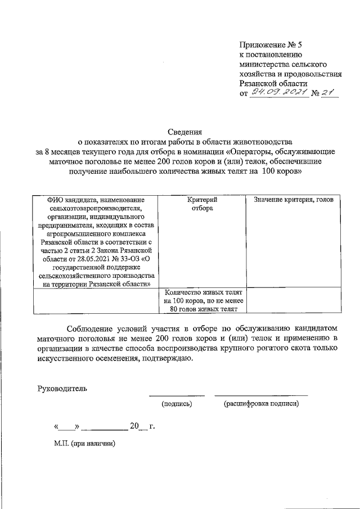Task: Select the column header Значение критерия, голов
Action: point(294,200)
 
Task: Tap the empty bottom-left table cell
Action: point(96,300)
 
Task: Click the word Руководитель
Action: point(62,388)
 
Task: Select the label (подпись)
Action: point(177,404)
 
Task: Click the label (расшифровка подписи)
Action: point(261,404)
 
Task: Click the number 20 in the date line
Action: point(134,426)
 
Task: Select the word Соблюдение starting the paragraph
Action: point(92,328)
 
